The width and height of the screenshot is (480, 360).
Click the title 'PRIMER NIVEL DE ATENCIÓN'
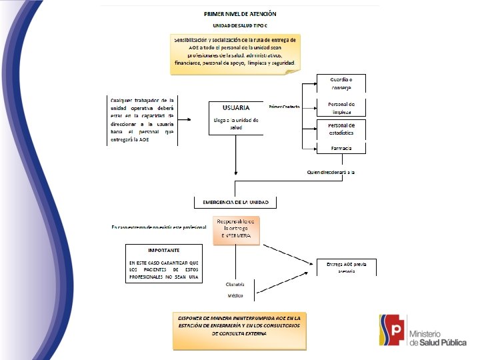[x=240, y=13]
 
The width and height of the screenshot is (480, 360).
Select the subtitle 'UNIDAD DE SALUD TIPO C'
[x=240, y=25]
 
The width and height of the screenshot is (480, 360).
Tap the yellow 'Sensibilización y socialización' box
[x=235, y=52]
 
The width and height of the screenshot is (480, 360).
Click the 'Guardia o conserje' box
[x=341, y=83]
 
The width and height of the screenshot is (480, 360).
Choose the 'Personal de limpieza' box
[x=341, y=108]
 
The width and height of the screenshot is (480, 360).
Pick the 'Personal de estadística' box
[x=341, y=129]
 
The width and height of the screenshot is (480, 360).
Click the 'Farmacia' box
[x=341, y=147]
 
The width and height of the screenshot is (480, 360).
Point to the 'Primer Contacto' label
[x=284, y=107]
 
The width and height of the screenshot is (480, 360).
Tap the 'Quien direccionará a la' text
[x=330, y=173]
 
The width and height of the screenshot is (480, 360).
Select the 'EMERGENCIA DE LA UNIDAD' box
[x=235, y=202]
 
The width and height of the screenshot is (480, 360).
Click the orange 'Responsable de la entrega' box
[x=236, y=229]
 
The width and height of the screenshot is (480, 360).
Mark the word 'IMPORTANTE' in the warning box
[x=163, y=250]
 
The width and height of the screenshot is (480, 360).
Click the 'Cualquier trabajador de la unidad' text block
[x=142, y=120]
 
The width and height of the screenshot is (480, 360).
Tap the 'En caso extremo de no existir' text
[x=159, y=228]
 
